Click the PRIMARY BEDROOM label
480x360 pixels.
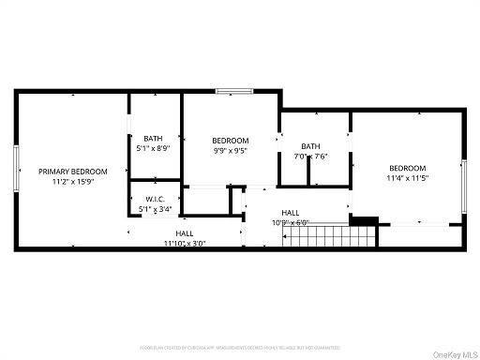72,172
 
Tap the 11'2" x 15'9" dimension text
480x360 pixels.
72,182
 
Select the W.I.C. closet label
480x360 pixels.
155,200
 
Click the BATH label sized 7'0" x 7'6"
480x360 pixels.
310,146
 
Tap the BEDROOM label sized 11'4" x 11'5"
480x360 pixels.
407,168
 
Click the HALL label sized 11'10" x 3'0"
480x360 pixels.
185,232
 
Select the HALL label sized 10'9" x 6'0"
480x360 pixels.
291,213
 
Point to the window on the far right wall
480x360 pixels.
463,183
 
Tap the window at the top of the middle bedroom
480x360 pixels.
230,91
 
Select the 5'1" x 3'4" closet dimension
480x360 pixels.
155,210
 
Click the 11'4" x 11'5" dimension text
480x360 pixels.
407,178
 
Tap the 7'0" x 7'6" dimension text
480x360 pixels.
310,157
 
